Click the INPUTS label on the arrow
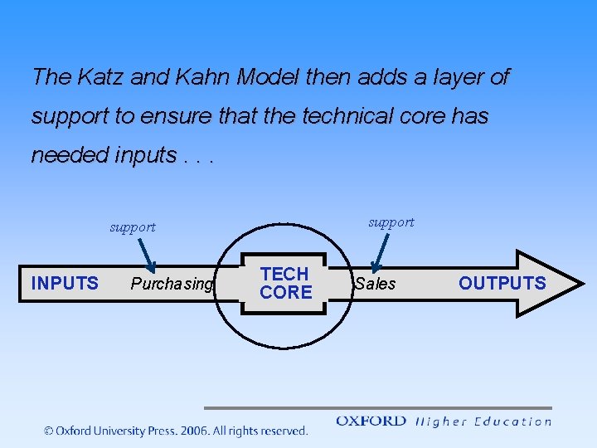point(65,283)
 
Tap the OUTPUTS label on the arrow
point(502,283)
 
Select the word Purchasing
point(172,285)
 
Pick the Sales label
point(376,285)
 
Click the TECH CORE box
point(285,283)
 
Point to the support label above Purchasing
point(133,227)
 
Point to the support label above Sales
point(391,222)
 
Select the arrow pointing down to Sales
point(381,251)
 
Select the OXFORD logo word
point(371,421)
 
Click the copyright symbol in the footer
point(49,431)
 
